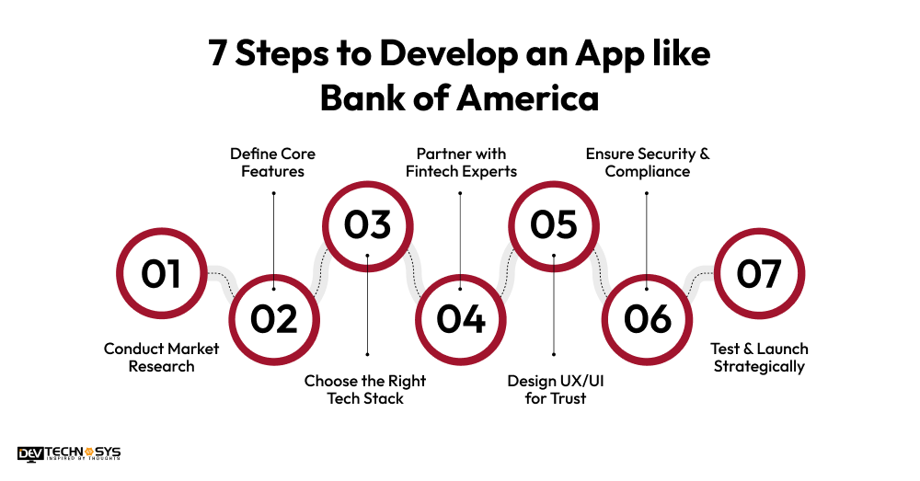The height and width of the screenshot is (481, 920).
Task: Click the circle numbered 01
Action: [161, 274]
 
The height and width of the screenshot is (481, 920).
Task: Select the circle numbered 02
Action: [274, 319]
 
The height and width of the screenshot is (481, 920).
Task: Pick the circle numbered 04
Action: [461, 319]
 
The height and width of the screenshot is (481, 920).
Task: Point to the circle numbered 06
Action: [648, 319]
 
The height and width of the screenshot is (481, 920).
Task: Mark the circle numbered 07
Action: [759, 274]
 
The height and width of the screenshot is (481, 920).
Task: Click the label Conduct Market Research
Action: [149, 358]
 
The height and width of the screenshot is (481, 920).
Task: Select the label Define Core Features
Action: [273, 162]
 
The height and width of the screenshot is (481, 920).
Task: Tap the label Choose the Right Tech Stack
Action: [365, 389]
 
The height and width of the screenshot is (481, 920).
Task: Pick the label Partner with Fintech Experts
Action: [461, 162]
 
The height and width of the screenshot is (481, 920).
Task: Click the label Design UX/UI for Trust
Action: [554, 389]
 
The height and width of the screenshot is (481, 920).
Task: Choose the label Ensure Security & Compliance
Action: [648, 162]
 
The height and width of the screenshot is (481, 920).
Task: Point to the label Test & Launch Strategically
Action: [759, 358]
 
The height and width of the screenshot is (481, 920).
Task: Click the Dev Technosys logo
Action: [69, 453]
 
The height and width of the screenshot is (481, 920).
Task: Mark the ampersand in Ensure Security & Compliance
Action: [704, 154]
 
